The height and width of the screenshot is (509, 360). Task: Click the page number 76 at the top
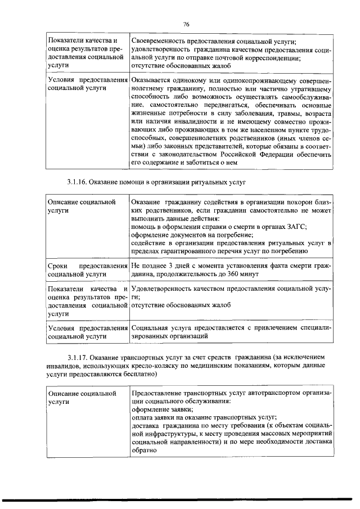point(186,24)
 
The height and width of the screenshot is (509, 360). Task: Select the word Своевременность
point(160,41)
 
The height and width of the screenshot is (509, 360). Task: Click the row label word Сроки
point(58,265)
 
